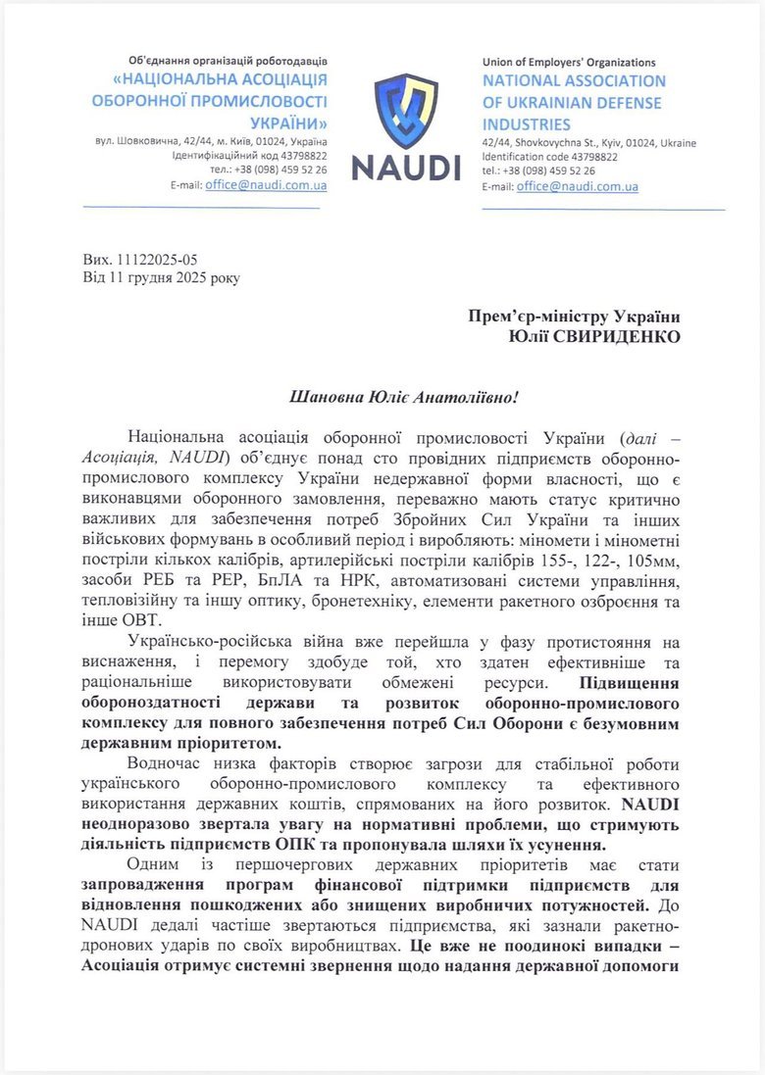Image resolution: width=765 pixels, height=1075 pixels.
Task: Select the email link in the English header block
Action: click(578, 186)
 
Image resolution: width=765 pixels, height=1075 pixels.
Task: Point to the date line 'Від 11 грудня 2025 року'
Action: click(161, 277)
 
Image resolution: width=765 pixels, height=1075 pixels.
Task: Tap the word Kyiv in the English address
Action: click(602, 143)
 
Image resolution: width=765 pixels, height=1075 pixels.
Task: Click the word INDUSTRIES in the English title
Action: click(526, 124)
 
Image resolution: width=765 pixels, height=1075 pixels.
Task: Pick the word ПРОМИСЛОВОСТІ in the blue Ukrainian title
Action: click(259, 101)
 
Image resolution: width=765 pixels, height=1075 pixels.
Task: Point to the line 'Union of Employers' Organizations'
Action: click(569, 63)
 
